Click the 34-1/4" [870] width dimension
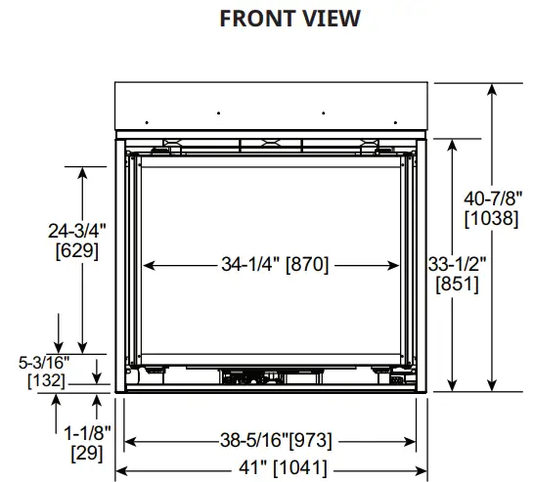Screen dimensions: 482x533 (273, 264)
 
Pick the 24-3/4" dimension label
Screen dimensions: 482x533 (77, 231)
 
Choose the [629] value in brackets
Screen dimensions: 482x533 (77, 251)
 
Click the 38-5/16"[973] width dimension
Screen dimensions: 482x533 (272, 440)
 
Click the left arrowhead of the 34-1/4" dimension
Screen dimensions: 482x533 (149, 264)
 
